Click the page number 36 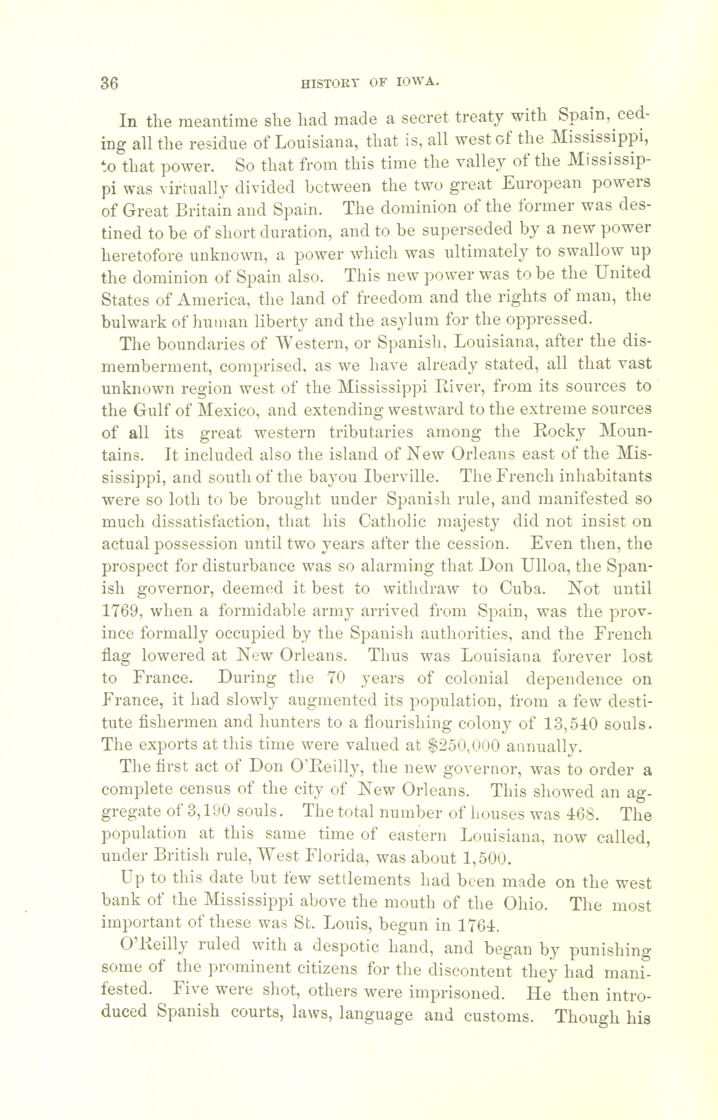click(110, 83)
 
